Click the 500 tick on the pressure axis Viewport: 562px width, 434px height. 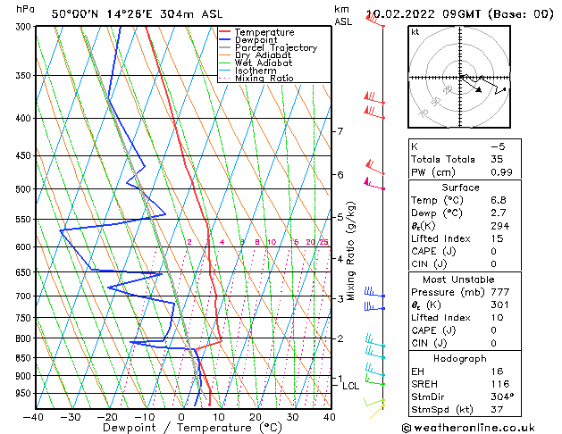tap(21, 189)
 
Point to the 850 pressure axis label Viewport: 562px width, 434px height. tap(21, 358)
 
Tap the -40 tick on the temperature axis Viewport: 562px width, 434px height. tap(34, 417)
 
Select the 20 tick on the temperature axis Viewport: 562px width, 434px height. tap(256, 417)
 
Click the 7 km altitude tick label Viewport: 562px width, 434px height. tap(340, 132)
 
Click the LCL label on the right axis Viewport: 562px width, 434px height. tap(351, 386)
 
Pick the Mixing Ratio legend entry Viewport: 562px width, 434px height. tap(264, 79)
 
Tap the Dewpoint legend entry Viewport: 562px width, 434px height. tap(256, 40)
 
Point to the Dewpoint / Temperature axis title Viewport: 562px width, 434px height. tap(181, 429)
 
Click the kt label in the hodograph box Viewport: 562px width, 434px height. tap(415, 32)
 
